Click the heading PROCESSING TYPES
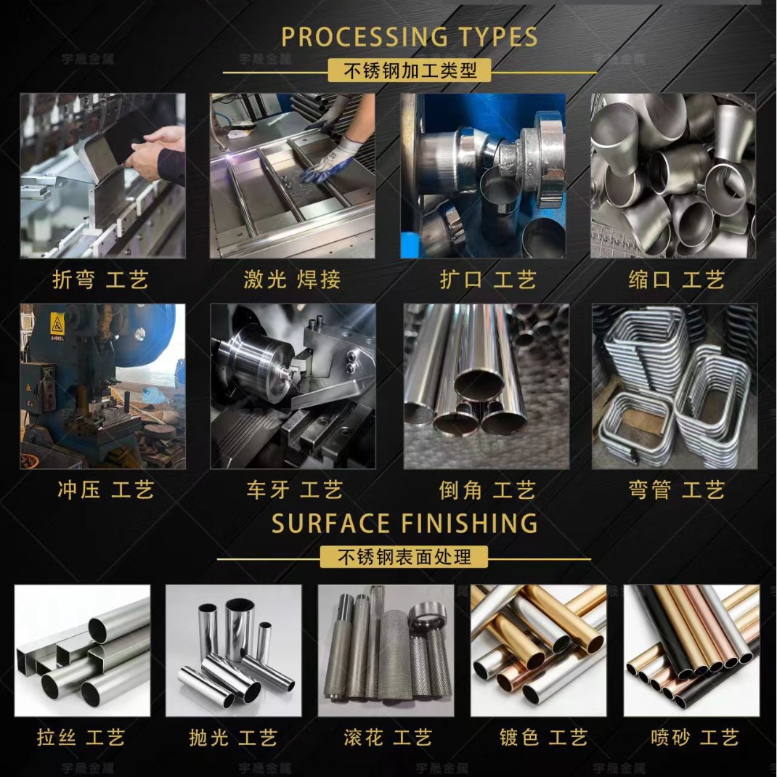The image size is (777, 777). pos(410,37)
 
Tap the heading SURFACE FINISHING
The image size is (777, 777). pos(404,524)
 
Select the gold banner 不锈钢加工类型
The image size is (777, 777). pos(410,70)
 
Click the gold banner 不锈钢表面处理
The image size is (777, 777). pos(404,557)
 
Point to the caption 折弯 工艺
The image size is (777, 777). pos(101,280)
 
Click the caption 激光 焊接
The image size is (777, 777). pos(292,280)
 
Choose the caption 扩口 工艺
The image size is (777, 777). pos(488,280)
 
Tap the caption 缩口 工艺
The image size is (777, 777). pos(676,280)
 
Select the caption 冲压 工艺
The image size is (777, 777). pos(105,490)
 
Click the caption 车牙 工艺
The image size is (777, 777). pos(295,490)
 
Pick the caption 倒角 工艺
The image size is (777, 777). pos(487,490)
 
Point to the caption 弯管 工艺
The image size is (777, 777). pos(677,490)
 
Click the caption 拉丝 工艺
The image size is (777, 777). pos(81,737)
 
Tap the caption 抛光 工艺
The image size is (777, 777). pos(233,737)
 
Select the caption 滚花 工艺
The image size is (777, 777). pos(388,737)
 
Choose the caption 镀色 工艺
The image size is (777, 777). pos(544,737)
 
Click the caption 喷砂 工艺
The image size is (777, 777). pos(695,737)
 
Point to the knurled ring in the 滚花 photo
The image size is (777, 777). pos(427,616)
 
